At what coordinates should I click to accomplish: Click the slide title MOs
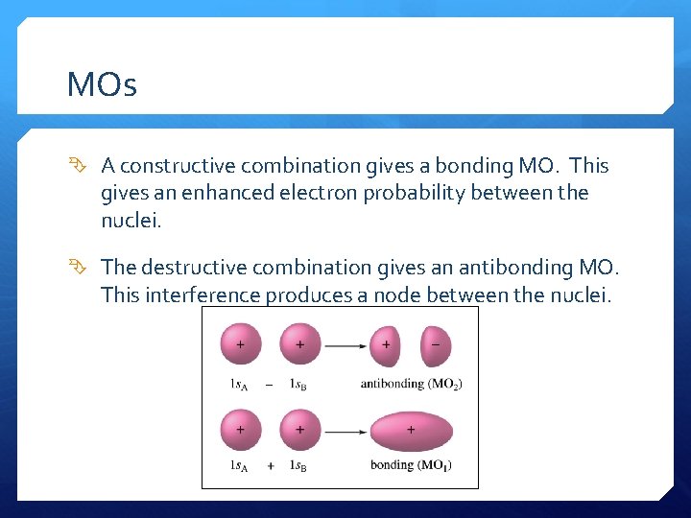(x=102, y=85)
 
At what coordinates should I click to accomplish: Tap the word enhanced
(x=227, y=193)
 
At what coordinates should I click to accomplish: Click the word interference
(x=201, y=294)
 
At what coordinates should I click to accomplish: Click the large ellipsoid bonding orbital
(x=412, y=431)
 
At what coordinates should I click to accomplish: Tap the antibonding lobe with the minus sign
(x=435, y=344)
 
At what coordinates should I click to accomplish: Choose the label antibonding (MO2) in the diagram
(x=411, y=384)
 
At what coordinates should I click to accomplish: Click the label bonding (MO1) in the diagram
(x=411, y=466)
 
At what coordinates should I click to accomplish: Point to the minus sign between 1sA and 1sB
(x=270, y=385)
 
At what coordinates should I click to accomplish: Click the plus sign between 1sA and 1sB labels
(x=270, y=466)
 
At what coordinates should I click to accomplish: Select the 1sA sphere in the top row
(x=240, y=344)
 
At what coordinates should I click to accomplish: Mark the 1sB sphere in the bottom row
(x=299, y=431)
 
